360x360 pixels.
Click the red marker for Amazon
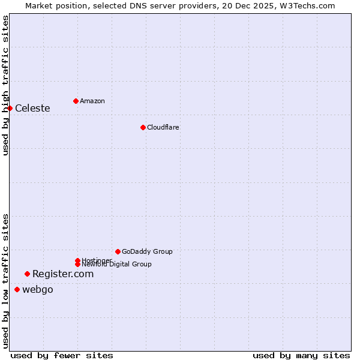pyautogui.click(x=76, y=101)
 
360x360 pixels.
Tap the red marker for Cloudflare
pyautogui.click(x=143, y=127)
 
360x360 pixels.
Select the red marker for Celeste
pyautogui.click(x=10, y=108)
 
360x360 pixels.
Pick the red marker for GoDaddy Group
pyautogui.click(x=118, y=251)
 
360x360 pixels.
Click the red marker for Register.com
pyautogui.click(x=27, y=274)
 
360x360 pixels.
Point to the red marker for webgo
pyautogui.click(x=17, y=290)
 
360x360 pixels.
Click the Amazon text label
pyautogui.click(x=92, y=101)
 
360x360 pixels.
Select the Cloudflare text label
pyautogui.click(x=163, y=127)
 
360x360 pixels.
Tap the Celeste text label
pyautogui.click(x=32, y=109)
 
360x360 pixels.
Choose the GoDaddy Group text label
pyautogui.click(x=147, y=251)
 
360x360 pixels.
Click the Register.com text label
pyautogui.click(x=63, y=274)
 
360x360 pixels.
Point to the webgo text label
pyautogui.click(x=38, y=290)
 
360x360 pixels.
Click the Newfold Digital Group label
pyautogui.click(x=116, y=265)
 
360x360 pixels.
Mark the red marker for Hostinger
pyautogui.click(x=77, y=260)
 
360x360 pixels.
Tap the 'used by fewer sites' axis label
pyautogui.click(x=62, y=356)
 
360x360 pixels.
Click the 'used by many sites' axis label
pyautogui.click(x=301, y=356)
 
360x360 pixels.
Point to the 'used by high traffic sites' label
pyautogui.click(x=6, y=85)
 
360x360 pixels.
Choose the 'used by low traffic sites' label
pyautogui.click(x=6, y=281)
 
